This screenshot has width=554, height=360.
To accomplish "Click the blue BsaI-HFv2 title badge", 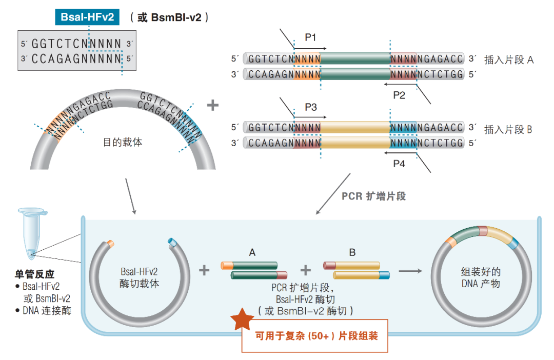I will tap(87, 17).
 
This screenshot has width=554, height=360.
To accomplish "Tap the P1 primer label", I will tap(310, 37).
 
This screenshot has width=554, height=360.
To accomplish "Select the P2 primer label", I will tap(399, 95).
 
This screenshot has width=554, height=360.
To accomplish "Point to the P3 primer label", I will tap(310, 107).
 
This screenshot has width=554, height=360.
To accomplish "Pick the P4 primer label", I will tap(399, 164).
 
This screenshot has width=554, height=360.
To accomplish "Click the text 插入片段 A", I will tap(509, 60).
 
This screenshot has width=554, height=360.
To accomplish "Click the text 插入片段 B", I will tap(509, 129).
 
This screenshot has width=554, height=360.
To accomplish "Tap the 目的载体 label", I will tap(123, 142).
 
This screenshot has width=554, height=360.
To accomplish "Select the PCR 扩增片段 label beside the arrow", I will tap(373, 196).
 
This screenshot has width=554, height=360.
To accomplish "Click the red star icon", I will tap(242, 319).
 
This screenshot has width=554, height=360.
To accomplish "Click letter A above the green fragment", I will tap(252, 252).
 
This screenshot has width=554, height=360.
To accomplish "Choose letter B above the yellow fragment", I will tap(352, 252).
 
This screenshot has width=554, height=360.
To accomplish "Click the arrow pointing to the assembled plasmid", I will tap(410, 270).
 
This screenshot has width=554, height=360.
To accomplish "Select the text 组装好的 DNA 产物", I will tap(481, 277).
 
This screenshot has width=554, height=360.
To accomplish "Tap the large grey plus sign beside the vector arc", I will tap(212, 106).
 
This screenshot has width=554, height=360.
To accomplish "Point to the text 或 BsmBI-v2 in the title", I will tap(170, 17).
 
